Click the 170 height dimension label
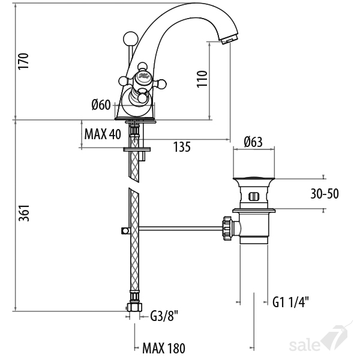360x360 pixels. coord(23,61)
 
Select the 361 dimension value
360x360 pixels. coord(24,213)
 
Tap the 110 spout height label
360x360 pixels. coord(202,79)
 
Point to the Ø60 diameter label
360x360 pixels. coord(101,104)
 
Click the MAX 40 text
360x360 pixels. coord(103,134)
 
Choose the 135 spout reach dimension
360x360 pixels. coord(182,147)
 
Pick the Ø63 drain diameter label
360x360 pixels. coord(253,142)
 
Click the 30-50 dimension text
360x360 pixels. coord(325,194)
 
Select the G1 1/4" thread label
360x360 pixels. coord(290,302)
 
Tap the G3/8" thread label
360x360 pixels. coord(164,316)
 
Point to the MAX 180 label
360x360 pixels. coord(164,348)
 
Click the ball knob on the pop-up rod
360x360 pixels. coord(131,39)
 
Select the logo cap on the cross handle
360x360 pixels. coord(143,76)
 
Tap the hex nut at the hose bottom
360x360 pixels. coord(134,307)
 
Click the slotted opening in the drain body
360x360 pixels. coord(254,197)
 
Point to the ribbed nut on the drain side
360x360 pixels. coord(227,228)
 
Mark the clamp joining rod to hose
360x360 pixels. coord(125,230)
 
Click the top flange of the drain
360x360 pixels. coord(254,178)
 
